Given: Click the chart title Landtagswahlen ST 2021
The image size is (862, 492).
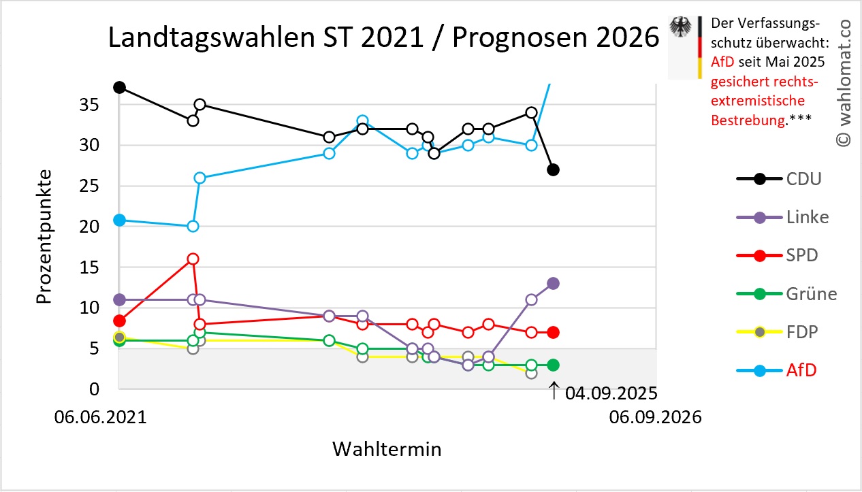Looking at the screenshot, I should (x=384, y=39).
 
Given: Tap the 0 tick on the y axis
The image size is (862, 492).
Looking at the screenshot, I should (x=95, y=389).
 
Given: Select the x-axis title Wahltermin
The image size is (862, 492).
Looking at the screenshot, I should (x=387, y=449).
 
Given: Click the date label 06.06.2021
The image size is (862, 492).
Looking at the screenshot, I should (x=100, y=417).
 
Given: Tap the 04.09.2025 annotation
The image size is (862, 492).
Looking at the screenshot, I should (x=603, y=393).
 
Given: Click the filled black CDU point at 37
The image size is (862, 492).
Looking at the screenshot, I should (x=119, y=87).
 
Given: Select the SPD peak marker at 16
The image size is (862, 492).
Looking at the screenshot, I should (x=193, y=259).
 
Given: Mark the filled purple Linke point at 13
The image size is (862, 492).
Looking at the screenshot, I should (x=554, y=283).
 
